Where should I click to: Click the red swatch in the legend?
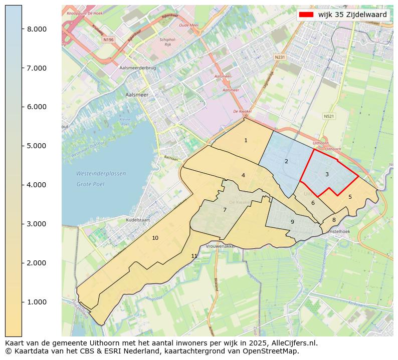coord(306,15)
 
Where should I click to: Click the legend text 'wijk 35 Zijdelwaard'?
coord(352,15)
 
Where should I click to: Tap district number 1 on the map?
coord(246,141)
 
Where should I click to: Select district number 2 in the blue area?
coord(286,161)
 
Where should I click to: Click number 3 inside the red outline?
coord(327,174)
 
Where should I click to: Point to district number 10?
coord(155,238)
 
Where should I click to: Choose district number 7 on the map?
coord(225,210)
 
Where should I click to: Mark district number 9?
coord(292,222)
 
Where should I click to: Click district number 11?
coord(194,256)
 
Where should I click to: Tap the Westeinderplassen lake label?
coord(101,174)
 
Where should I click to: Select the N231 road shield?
coord(280,58)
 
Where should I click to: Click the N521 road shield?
coord(329,116)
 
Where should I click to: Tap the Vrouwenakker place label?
coord(221,247)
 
